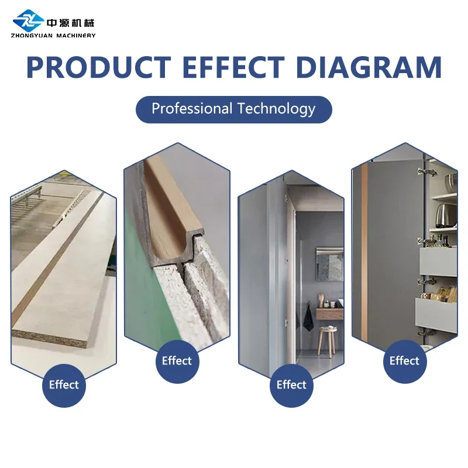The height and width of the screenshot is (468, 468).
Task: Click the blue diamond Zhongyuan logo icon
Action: point(28,20)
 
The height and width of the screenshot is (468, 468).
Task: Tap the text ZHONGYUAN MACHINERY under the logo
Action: point(53,36)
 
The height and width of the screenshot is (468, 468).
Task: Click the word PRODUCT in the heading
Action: point(99,67)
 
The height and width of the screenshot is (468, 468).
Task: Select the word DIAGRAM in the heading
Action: point(369,67)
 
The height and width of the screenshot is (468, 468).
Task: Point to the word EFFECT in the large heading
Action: point(233,67)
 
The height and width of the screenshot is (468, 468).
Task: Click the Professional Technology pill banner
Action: point(233,109)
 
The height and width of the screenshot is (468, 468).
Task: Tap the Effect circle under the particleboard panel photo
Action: point(64,386)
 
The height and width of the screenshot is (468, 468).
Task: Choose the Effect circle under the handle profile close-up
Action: point(177,361)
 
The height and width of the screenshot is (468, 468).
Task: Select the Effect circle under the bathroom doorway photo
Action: point(291,386)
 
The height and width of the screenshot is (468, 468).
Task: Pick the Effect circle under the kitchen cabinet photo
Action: point(405,361)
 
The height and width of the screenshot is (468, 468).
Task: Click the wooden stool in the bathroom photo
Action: point(326,341)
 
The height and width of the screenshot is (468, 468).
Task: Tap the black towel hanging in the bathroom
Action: point(309,318)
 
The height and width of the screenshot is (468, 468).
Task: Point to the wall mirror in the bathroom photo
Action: point(329,264)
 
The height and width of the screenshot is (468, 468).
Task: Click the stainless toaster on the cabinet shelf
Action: point(446,215)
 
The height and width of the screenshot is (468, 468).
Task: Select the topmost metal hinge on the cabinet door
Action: point(426,171)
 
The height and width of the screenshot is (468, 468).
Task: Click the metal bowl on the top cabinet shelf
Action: point(450,182)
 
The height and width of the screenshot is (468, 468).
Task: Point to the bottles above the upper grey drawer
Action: point(438,241)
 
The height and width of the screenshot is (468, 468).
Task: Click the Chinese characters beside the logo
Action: point(70,23)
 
